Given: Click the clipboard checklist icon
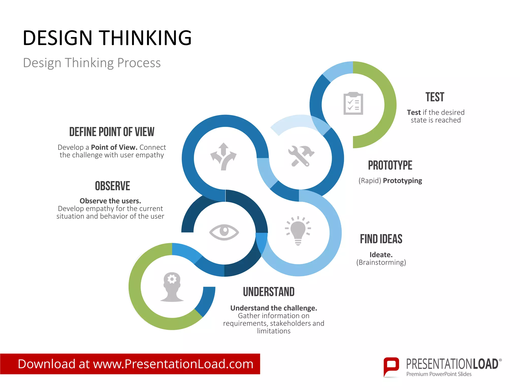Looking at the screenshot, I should click(353, 103).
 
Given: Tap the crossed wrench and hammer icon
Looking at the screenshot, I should click(301, 156).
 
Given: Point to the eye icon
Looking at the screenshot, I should click(224, 232).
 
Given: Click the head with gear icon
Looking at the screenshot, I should click(172, 287).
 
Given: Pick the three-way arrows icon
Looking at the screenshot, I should click(223, 156).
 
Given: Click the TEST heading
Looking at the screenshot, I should click(435, 97).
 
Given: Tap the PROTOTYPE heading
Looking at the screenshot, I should click(390, 166).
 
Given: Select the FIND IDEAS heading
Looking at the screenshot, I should click(381, 239).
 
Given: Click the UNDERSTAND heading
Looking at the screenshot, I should click(269, 292).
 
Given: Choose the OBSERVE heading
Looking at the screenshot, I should click(112, 186).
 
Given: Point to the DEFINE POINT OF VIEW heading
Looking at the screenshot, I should click(112, 132).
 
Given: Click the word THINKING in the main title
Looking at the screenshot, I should click(145, 38).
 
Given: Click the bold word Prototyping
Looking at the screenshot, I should click(402, 181).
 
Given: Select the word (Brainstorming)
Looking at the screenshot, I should click(381, 262).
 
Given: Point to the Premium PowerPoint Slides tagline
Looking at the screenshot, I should click(439, 374).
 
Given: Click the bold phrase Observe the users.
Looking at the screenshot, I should click(110, 201).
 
